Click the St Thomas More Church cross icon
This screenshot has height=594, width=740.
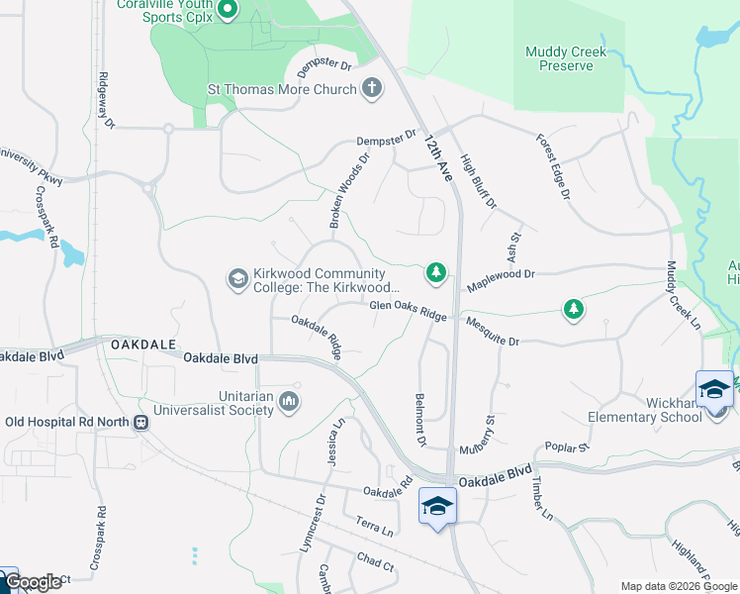(x=372, y=89)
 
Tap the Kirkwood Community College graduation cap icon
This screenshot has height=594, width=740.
(x=236, y=279)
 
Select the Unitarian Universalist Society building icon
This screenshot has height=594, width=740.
(x=289, y=401)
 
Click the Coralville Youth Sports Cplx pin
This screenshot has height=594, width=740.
(x=227, y=11)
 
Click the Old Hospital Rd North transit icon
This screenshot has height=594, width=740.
(x=140, y=422)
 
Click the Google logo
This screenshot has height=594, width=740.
(x=32, y=583)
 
